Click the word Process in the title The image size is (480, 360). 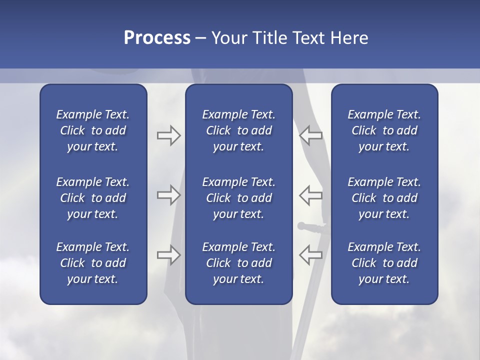(157, 38)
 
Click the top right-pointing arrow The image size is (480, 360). (168, 135)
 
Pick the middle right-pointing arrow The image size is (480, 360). (168, 195)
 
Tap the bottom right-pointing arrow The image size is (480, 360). (168, 255)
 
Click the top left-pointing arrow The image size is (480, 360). (310, 135)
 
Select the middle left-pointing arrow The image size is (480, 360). (310, 195)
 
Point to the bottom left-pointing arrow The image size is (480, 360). (310, 255)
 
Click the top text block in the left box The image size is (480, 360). (93, 130)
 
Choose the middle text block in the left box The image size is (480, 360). (93, 198)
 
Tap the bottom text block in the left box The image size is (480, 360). (93, 263)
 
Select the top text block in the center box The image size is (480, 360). (238, 130)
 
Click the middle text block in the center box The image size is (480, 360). (238, 198)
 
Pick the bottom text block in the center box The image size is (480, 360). (238, 263)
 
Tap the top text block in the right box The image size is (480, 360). (384, 130)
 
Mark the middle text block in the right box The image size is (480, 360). (384, 198)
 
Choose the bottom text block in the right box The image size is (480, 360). (384, 263)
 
